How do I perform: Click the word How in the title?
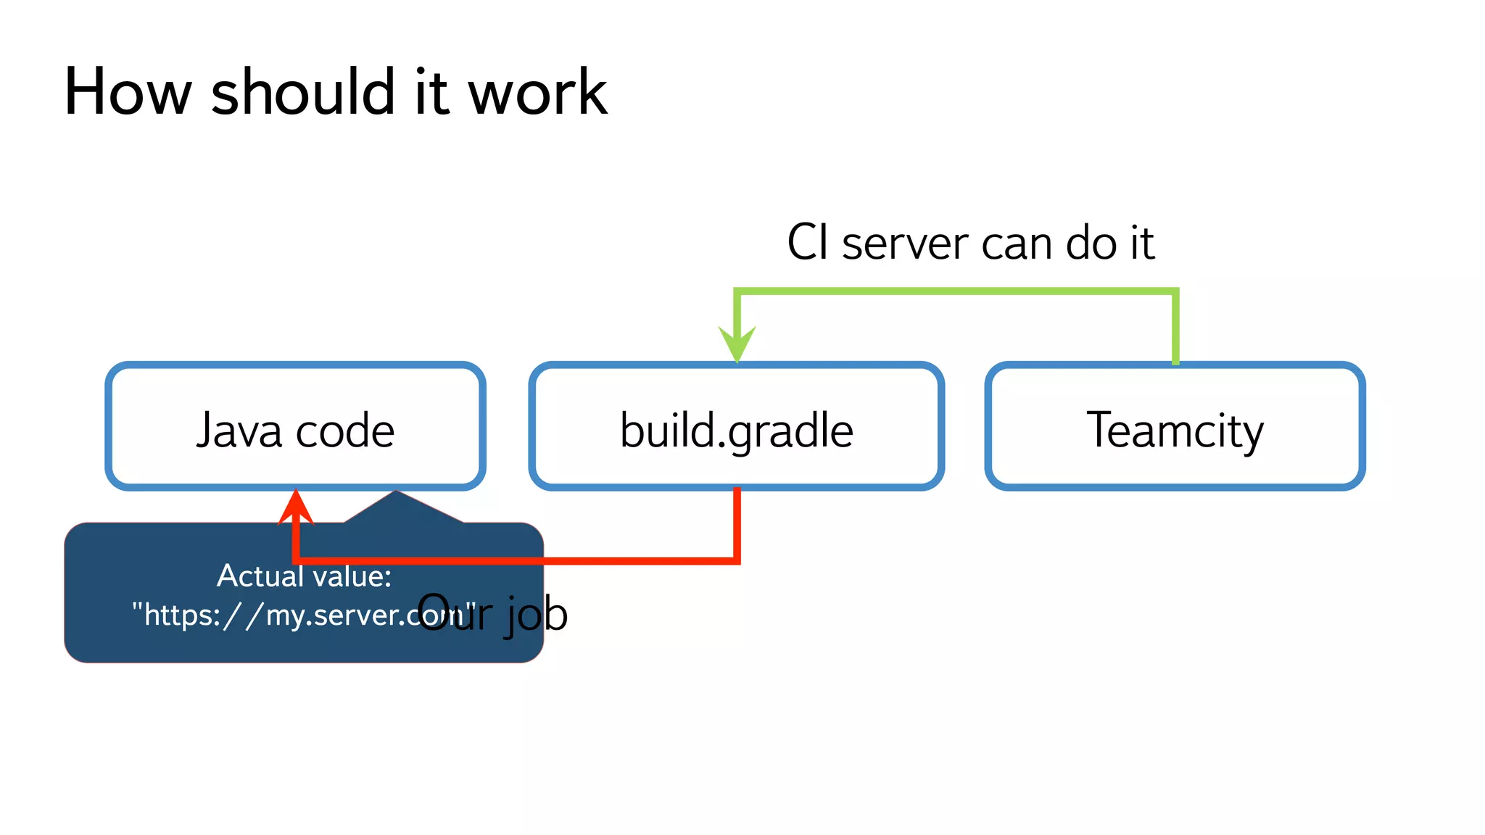pyautogui.click(x=128, y=92)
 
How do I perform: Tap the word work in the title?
pyautogui.click(x=537, y=92)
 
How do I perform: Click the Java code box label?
pyautogui.click(x=295, y=431)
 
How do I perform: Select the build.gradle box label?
pyautogui.click(x=736, y=431)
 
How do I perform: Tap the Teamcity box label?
pyautogui.click(x=1175, y=431)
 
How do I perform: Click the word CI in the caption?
pyautogui.click(x=808, y=243)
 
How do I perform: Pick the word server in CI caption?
pyautogui.click(x=905, y=244)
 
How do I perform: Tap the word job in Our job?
pyautogui.click(x=537, y=615)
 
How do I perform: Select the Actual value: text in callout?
pyautogui.click(x=304, y=576)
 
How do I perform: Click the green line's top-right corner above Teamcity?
pyautogui.click(x=1175, y=292)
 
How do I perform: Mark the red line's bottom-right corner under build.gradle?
pyautogui.click(x=737, y=560)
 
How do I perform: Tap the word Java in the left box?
pyautogui.click(x=239, y=431)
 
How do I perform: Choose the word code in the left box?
pyautogui.click(x=345, y=431)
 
